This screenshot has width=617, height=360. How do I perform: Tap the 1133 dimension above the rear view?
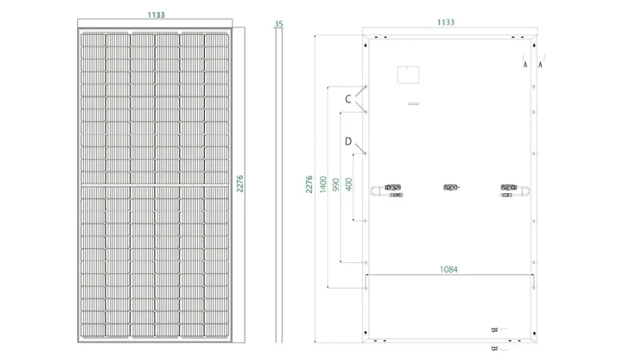tap(445, 22)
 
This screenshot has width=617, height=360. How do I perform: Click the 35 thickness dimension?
tap(279, 23)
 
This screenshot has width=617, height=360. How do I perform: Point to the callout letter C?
tap(348, 100)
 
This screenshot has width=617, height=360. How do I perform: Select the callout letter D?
tap(348, 142)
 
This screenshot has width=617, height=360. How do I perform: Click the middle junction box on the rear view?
tap(450, 187)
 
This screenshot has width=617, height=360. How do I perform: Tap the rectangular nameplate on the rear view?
tap(407, 76)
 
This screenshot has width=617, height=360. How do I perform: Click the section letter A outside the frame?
tap(540, 64)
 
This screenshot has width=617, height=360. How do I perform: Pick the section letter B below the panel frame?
tap(494, 348)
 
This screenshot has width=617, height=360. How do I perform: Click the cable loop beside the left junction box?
tap(375, 190)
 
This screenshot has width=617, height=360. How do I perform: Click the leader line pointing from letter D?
tap(361, 149)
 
